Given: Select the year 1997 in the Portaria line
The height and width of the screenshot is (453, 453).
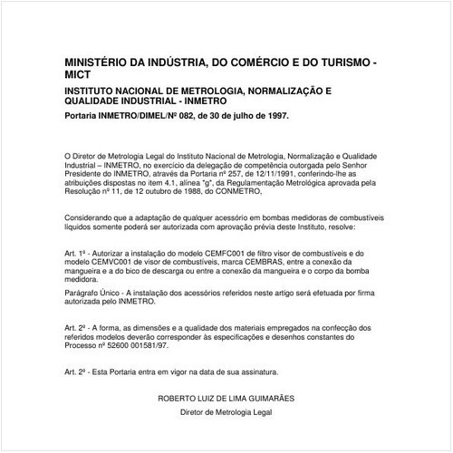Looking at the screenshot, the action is [275, 116].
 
